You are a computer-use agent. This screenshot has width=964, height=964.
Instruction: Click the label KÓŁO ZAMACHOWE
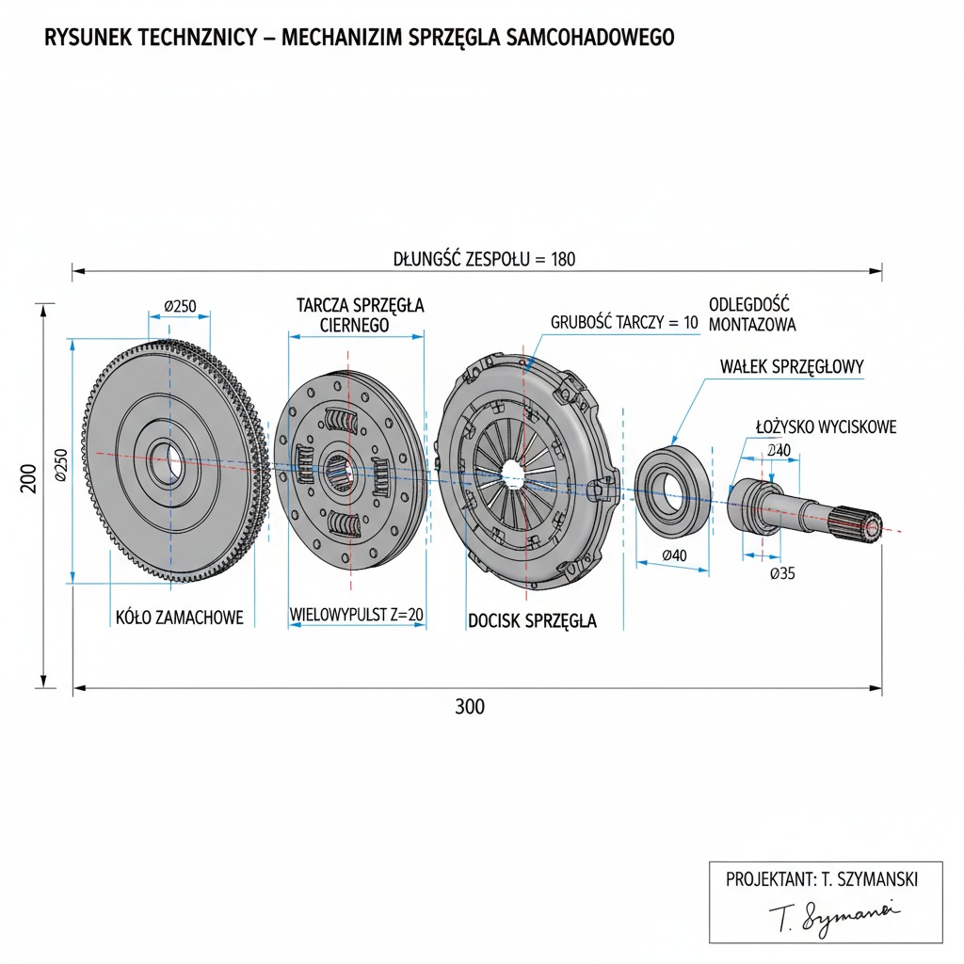pos(179,618)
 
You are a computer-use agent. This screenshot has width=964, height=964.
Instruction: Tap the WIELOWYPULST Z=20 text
pos(356,616)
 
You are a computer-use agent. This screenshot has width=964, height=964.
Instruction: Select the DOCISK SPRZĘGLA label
pos(532,621)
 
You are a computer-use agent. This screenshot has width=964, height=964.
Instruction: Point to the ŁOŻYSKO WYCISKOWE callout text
pos(826,427)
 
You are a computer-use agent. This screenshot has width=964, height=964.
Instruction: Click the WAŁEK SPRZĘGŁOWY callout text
pos(791,367)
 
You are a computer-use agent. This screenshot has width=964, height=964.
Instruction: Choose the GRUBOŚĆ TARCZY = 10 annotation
pos(624,322)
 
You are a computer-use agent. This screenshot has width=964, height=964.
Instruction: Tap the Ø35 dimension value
pos(781,573)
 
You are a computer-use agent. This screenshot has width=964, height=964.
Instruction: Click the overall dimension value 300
pos(470,707)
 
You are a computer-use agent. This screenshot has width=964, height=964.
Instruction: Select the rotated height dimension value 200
pos(28,480)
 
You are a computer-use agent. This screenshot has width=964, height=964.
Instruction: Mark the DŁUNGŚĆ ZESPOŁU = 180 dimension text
pos(484,259)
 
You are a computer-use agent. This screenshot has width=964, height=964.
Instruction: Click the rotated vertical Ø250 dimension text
pos(60,464)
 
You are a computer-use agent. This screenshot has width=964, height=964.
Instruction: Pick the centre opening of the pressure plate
pos(513,474)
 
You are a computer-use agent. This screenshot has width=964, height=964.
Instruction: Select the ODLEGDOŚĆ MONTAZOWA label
pos(751,314)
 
